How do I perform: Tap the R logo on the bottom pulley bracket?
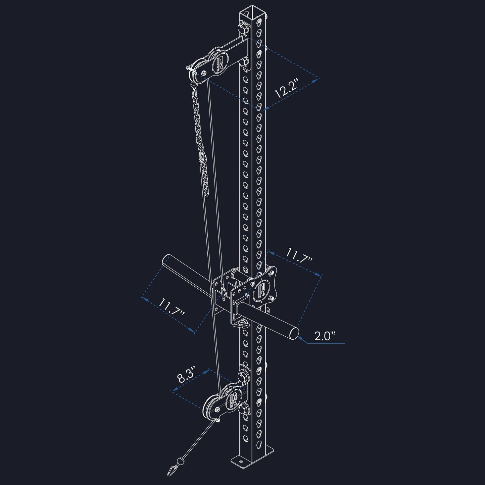[x=232, y=399]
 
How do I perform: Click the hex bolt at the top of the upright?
[x=242, y=26]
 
